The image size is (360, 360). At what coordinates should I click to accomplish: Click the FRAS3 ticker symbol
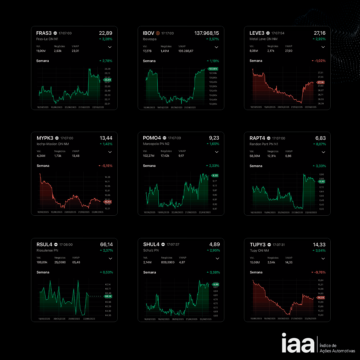click(44, 33)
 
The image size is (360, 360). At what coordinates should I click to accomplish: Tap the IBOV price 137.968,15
click(207, 33)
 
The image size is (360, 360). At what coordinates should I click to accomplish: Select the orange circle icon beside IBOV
click(158, 33)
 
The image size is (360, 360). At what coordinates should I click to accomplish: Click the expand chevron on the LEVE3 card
click(323, 47)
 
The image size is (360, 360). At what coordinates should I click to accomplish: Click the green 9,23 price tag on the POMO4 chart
click(215, 175)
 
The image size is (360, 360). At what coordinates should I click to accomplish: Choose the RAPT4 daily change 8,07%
click(319, 144)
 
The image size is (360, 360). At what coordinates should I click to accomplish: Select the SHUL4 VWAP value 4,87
click(182, 262)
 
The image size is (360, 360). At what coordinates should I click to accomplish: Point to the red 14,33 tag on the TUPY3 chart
click(321, 297)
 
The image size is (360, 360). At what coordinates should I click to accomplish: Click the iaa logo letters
click(298, 343)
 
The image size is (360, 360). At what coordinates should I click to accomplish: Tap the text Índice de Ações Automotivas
click(337, 348)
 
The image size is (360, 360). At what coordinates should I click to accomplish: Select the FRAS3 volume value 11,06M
click(42, 51)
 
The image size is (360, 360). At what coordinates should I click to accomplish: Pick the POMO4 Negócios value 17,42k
click(166, 156)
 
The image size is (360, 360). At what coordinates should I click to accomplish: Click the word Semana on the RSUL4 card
click(43, 272)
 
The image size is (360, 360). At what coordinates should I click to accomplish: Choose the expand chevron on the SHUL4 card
click(217, 258)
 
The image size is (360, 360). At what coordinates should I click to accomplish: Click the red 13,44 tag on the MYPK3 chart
click(107, 202)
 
